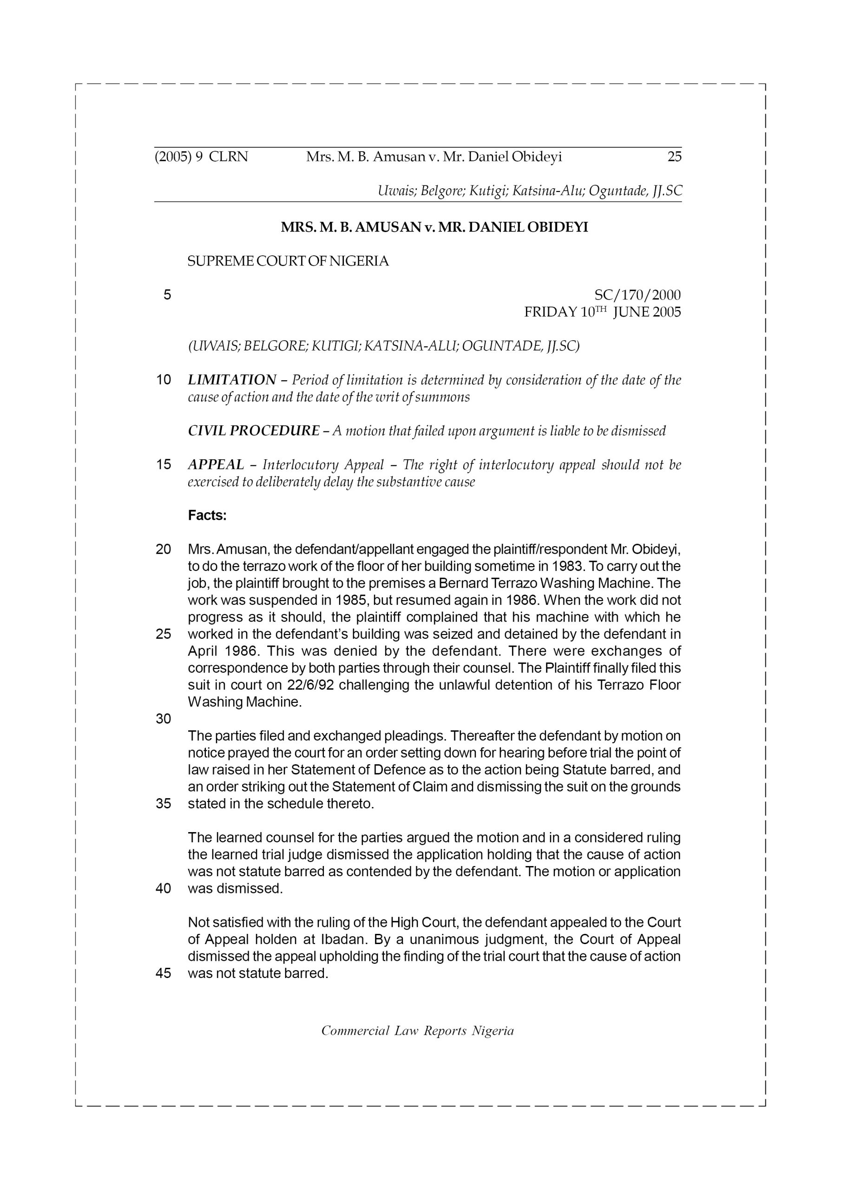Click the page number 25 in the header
(674, 157)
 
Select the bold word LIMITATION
(232, 380)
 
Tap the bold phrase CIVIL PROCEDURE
(253, 431)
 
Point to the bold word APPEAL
(216, 464)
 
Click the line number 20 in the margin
(163, 549)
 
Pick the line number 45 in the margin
(163, 973)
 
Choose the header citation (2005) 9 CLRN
(201, 157)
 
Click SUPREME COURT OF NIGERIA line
(288, 261)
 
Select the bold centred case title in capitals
(434, 227)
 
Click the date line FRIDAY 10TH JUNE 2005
(602, 312)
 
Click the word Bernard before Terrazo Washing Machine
(462, 583)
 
